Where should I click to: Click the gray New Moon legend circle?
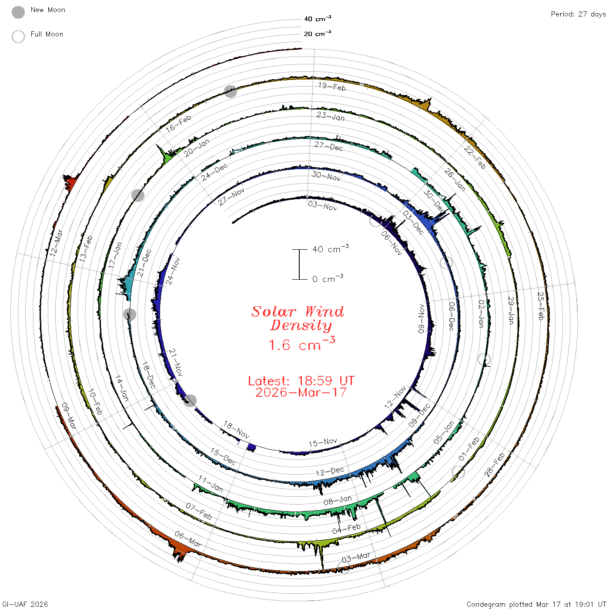[18, 12]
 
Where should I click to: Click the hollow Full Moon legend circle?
[18, 37]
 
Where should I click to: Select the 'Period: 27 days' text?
[578, 14]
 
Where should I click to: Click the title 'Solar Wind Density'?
[298, 318]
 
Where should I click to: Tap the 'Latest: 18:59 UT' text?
[301, 381]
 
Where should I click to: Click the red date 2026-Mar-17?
[301, 392]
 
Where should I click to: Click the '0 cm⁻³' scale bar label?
[328, 278]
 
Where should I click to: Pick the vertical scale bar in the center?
[299, 264]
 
